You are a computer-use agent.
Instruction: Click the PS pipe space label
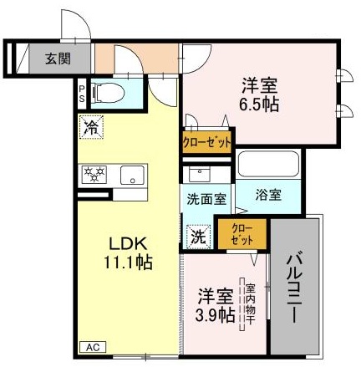click(82, 91)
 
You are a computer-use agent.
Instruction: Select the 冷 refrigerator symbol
click(89, 128)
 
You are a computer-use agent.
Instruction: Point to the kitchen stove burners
click(95, 174)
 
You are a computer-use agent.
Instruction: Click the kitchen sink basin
click(131, 175)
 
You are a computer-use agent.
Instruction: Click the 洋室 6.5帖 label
click(260, 94)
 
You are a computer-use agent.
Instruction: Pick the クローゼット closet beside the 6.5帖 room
click(206, 142)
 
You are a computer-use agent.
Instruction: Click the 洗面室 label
click(205, 200)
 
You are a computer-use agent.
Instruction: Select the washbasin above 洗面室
click(200, 175)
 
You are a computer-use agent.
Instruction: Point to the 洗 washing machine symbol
click(197, 237)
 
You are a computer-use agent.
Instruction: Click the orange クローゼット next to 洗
click(241, 233)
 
